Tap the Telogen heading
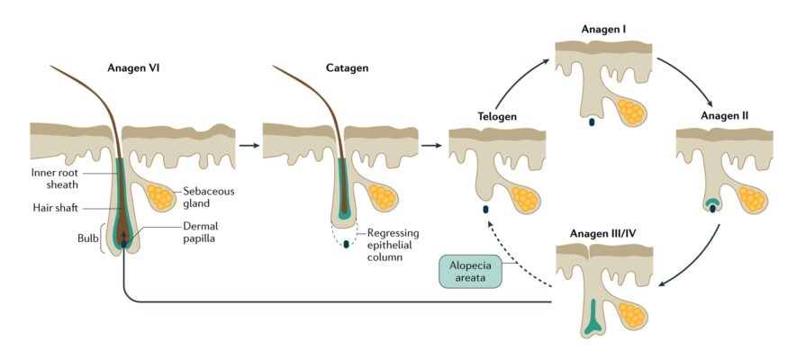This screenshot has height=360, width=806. click(496, 116)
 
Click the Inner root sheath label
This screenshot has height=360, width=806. click(56, 178)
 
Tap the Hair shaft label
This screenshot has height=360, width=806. click(56, 207)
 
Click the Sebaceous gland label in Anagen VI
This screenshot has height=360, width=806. click(205, 197)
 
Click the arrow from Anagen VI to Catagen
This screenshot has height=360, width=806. click(244, 143)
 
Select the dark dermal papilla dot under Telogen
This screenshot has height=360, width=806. click(485, 210)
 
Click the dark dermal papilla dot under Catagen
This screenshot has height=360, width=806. click(346, 244)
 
